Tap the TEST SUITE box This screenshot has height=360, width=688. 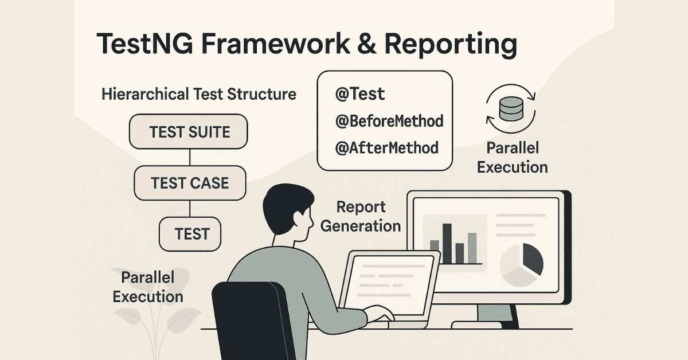189,132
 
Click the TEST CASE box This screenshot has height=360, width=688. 189,183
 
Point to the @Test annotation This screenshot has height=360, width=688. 360,95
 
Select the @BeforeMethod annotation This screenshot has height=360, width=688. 389,122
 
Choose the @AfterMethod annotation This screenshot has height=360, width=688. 387,148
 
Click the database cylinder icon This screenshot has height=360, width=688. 511,108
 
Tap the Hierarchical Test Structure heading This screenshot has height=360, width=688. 198,94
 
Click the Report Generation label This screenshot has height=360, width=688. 361,216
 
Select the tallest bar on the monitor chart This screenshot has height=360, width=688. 447,243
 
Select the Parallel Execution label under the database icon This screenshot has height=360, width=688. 512,158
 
